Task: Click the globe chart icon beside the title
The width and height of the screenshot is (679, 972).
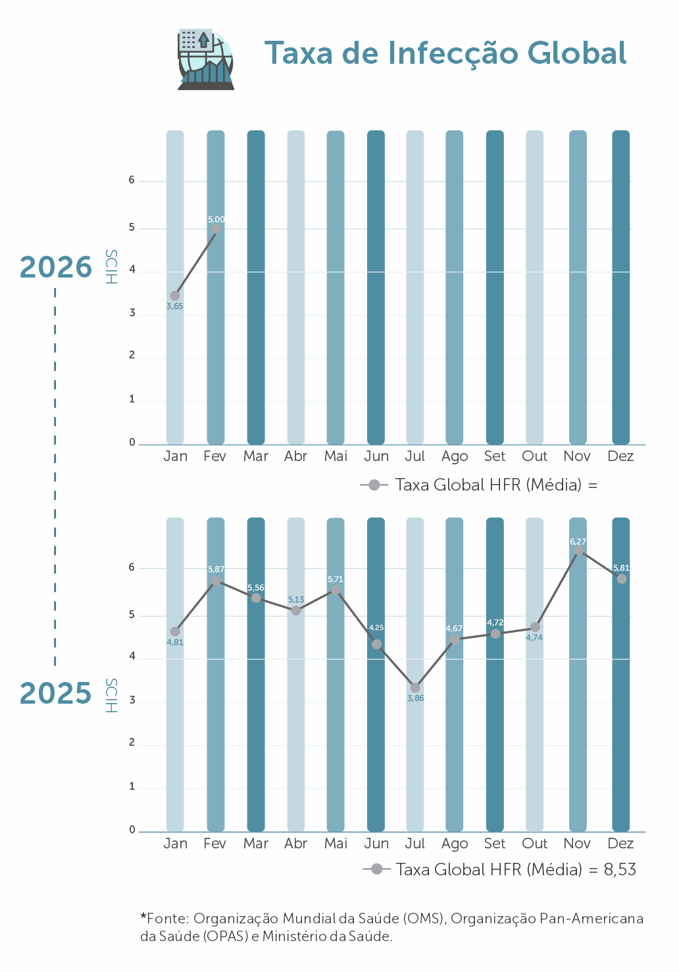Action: point(206,59)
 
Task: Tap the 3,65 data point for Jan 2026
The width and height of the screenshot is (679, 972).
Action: point(175,296)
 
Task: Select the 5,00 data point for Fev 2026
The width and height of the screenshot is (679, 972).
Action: point(216,230)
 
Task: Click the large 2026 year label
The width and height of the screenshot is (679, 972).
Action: point(56,268)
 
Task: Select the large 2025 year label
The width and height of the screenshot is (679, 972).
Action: point(56,694)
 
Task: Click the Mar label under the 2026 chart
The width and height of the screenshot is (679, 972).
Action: point(256,456)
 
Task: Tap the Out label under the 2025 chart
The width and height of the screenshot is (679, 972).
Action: point(534,844)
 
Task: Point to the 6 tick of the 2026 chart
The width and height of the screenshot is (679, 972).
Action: point(132,180)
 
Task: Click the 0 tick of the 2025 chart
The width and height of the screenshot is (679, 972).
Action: point(132,830)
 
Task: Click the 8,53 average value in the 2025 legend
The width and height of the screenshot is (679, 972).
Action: point(620,870)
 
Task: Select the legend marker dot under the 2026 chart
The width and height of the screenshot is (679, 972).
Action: point(374,485)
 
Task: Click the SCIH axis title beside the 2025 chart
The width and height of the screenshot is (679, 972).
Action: point(111,696)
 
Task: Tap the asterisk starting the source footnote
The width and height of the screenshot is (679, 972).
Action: point(143,916)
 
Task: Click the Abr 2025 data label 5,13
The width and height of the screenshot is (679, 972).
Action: point(296,600)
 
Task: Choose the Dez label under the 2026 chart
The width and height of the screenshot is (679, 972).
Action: point(620,456)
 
